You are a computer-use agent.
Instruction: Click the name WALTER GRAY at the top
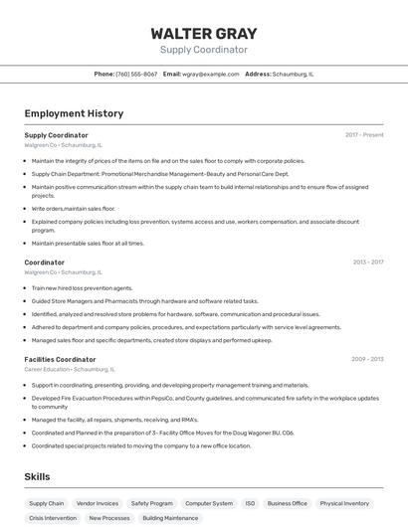click(x=203, y=32)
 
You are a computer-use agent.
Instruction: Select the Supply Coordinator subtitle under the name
click(x=203, y=50)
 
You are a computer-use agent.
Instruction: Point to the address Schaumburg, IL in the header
click(x=293, y=74)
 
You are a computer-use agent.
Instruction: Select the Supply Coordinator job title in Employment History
click(x=56, y=134)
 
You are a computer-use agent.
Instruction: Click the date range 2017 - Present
click(x=364, y=134)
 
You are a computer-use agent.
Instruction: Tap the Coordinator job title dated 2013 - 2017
click(x=44, y=263)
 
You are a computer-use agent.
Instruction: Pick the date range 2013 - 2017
click(x=367, y=263)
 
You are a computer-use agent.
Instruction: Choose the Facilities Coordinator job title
click(x=60, y=359)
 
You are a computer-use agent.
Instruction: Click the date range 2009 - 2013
click(x=367, y=359)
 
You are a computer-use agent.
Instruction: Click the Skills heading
click(x=37, y=477)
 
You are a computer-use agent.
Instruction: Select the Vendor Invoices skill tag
click(x=98, y=503)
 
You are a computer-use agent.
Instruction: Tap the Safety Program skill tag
click(x=151, y=503)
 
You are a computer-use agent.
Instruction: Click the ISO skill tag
click(x=250, y=503)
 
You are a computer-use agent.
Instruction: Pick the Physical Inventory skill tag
click(x=344, y=503)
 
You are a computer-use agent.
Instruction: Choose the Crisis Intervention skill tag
click(x=53, y=518)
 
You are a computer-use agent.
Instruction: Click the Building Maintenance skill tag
click(x=170, y=518)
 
